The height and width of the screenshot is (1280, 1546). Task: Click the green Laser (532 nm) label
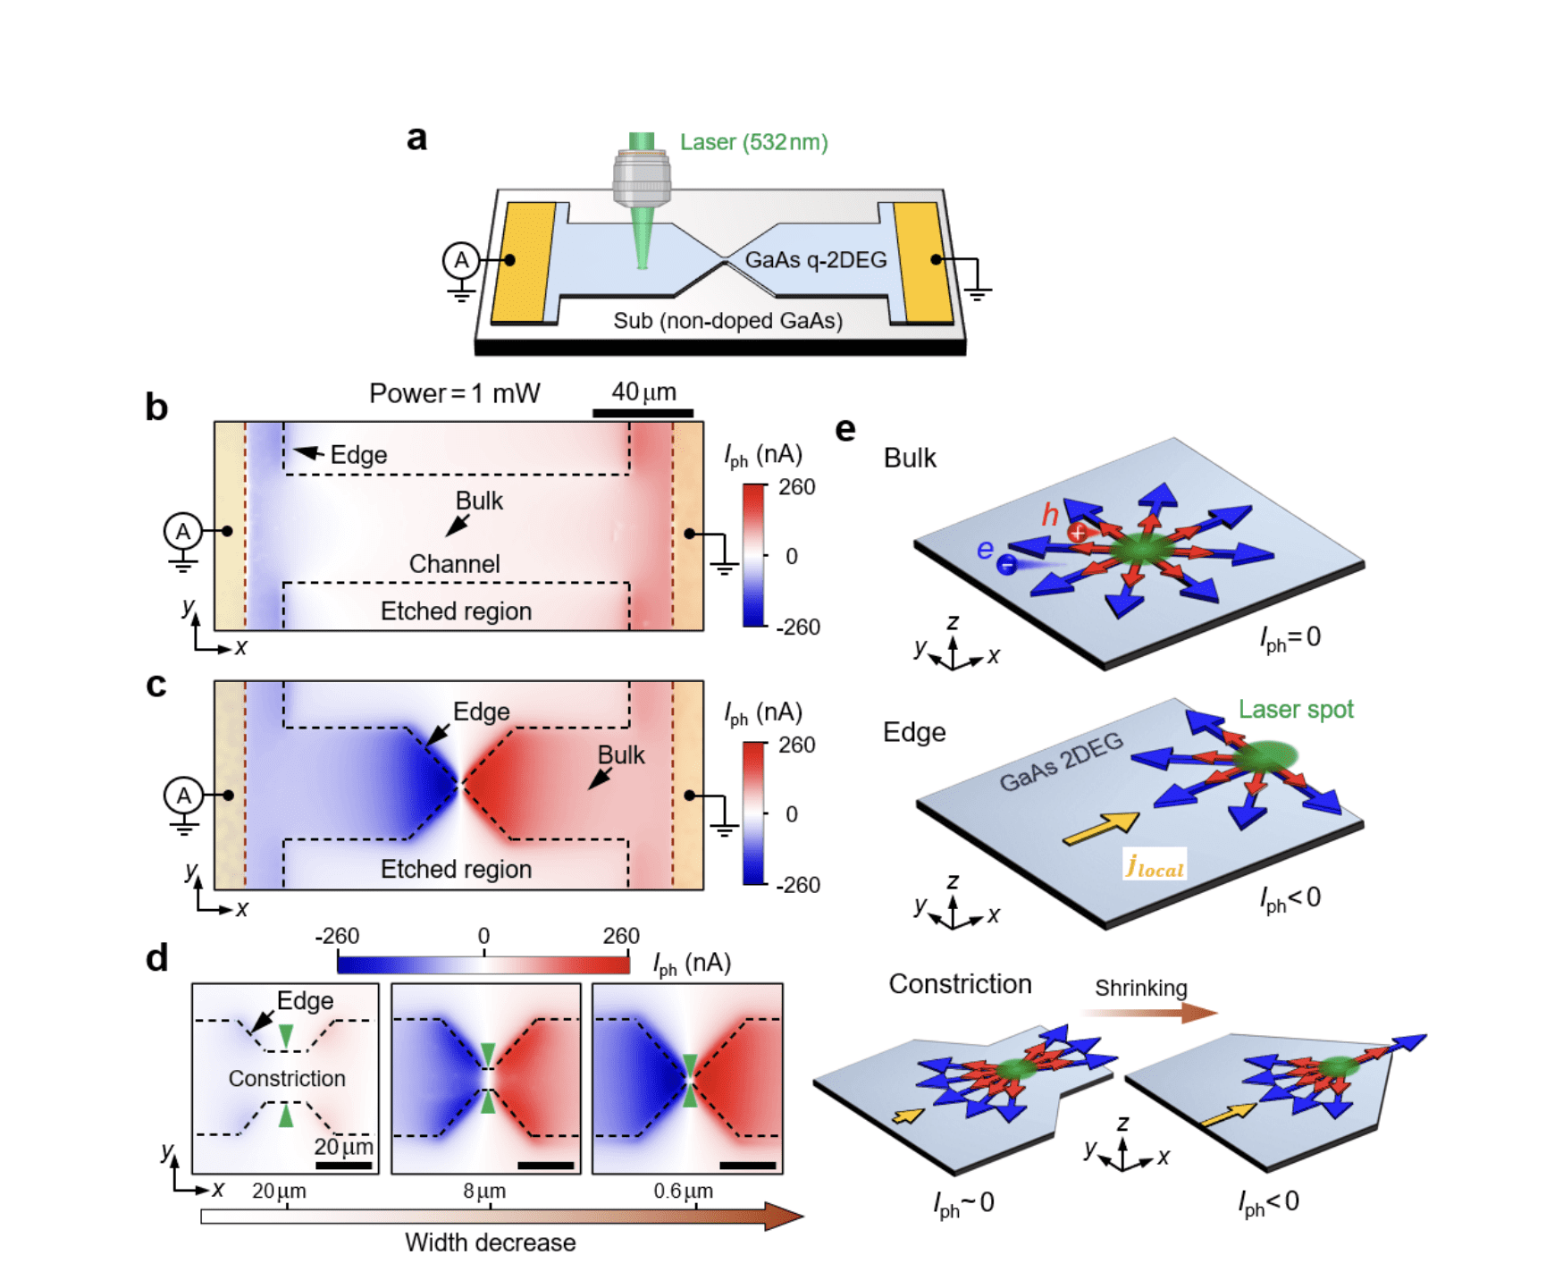(752, 142)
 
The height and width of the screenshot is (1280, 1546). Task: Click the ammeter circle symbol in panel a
(461, 260)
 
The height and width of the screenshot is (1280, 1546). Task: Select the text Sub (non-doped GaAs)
(727, 321)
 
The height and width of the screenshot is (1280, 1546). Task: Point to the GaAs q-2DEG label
(815, 260)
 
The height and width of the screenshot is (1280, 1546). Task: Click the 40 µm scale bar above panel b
(643, 413)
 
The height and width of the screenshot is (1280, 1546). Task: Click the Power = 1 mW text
(454, 393)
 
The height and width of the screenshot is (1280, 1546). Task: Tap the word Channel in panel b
(454, 564)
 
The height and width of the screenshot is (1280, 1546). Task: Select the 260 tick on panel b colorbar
(795, 487)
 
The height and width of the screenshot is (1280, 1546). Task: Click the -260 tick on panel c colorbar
(797, 885)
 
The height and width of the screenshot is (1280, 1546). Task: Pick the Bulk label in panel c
(620, 755)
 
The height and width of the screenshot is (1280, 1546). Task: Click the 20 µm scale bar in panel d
(343, 1166)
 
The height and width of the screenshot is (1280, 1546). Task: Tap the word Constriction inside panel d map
(287, 1078)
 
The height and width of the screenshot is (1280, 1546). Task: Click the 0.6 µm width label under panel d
(683, 1192)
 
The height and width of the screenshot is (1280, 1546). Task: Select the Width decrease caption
(490, 1242)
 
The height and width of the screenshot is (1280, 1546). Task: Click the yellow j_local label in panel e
(1155, 865)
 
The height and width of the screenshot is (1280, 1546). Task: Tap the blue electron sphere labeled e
(1006, 564)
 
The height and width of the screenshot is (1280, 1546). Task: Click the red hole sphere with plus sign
(1078, 533)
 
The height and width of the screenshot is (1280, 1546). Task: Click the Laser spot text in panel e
(1295, 710)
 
